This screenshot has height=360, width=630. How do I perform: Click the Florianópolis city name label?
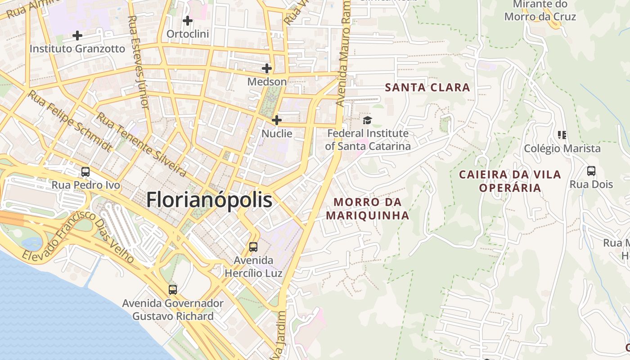(209, 200)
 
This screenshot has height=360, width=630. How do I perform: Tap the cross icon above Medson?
(267, 68)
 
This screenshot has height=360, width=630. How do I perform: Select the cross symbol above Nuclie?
(277, 120)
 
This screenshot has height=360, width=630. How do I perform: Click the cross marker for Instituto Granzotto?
(77, 35)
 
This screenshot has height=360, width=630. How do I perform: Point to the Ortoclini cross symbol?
(188, 20)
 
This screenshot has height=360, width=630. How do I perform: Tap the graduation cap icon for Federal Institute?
(368, 120)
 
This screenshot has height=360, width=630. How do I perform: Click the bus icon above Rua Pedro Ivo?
(85, 172)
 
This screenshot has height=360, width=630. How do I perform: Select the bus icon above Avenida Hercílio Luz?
(253, 247)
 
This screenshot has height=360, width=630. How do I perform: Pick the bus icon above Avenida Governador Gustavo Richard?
(173, 289)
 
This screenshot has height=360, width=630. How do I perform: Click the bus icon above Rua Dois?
(591, 171)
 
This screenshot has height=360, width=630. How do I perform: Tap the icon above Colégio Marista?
(562, 135)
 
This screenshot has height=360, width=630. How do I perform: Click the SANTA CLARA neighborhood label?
(427, 87)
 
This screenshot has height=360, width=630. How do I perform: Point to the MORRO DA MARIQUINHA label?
(368, 209)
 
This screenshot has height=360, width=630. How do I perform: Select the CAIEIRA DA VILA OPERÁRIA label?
(510, 181)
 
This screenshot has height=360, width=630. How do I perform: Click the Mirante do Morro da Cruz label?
(540, 11)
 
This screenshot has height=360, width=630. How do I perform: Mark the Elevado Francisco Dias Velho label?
(79, 237)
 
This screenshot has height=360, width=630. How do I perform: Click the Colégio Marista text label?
(562, 148)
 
